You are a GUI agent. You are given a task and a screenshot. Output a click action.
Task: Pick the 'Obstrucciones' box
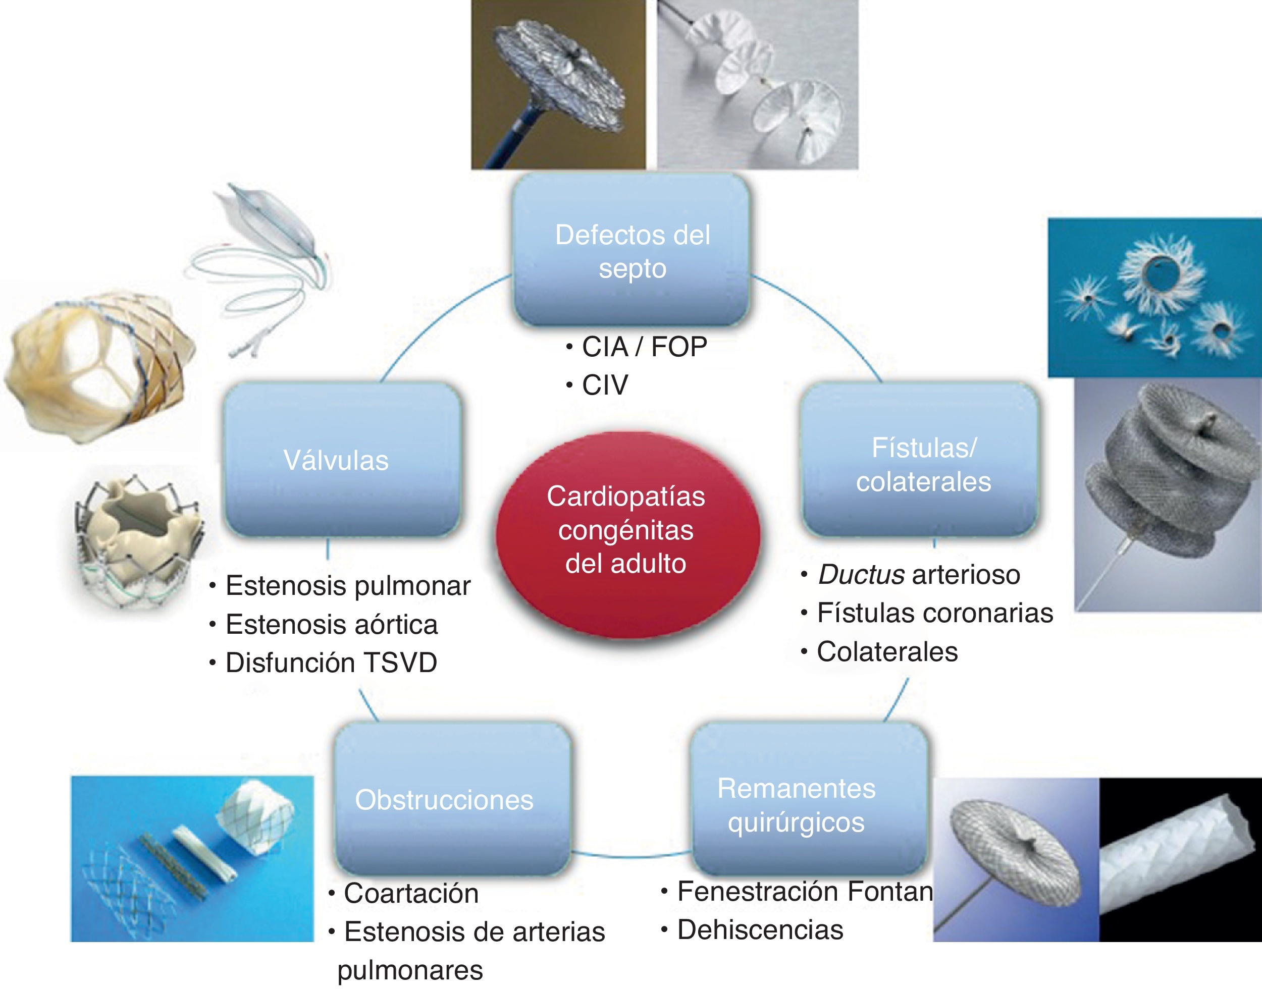(452, 799)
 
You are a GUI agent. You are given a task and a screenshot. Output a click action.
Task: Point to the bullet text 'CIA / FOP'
(644, 347)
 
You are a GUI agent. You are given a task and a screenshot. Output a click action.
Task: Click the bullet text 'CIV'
(605, 385)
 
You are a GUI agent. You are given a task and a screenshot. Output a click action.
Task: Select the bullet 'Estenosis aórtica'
(332, 624)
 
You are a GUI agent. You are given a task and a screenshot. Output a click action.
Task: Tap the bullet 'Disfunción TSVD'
(331, 663)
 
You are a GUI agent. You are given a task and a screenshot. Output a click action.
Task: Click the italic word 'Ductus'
(861, 575)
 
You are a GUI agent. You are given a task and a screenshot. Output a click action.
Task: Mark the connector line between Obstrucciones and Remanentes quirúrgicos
(632, 855)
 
